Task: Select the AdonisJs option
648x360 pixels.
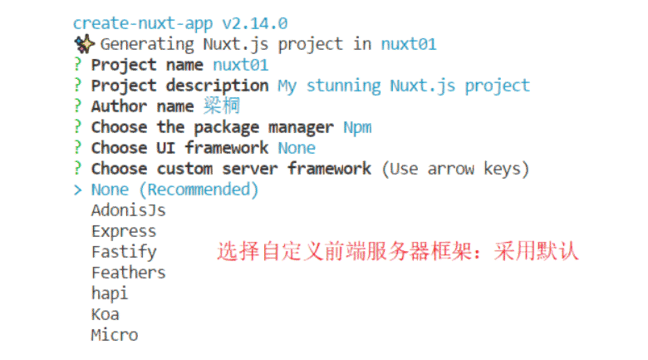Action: tap(128, 210)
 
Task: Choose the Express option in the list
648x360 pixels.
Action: tap(124, 231)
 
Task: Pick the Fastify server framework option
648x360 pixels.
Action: tap(124, 252)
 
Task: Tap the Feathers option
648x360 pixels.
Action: tap(128, 273)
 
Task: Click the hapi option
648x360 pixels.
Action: tap(110, 293)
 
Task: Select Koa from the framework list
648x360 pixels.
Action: tap(106, 314)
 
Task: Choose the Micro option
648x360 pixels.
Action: tap(115, 335)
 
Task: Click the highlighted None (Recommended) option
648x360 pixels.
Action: tap(175, 190)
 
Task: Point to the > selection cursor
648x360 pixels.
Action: tap(77, 190)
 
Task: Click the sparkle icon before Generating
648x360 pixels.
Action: tap(83, 44)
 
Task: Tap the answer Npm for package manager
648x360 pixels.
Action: tap(357, 127)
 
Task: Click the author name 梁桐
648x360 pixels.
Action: tap(221, 106)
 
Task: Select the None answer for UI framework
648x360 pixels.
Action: tap(297, 148)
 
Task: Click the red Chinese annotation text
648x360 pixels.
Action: tap(397, 251)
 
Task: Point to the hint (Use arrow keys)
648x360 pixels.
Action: tap(455, 169)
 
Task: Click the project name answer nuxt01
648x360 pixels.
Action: tap(240, 65)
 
